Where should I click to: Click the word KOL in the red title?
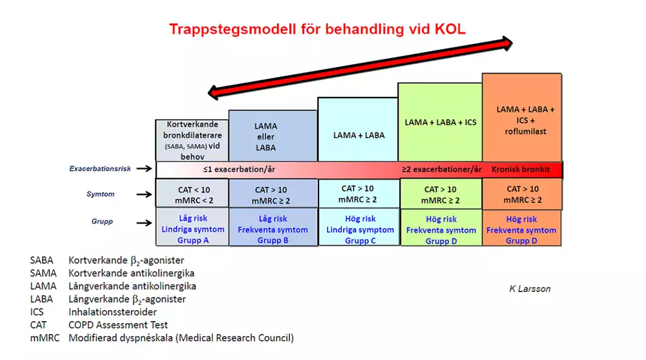[x=450, y=29]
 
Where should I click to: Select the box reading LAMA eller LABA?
[x=273, y=136]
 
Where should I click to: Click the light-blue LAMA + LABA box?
[x=358, y=129]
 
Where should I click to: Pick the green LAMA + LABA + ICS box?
[x=440, y=122]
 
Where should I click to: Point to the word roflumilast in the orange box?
[x=525, y=132]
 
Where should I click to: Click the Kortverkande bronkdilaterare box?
[x=192, y=140]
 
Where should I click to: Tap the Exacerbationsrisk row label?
[x=99, y=169]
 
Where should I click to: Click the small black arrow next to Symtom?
[x=144, y=195]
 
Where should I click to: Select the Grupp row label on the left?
[x=102, y=222]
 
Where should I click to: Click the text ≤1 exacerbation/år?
[x=239, y=169]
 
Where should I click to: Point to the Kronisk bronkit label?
[x=520, y=169]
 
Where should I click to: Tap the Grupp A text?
[x=193, y=240]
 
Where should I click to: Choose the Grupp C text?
[x=360, y=241]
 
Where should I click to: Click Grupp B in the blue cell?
[x=273, y=240]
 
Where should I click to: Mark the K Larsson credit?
[x=530, y=289]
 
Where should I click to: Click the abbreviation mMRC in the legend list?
[x=45, y=338]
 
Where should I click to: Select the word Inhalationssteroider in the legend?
[x=112, y=312]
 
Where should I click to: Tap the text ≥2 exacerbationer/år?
[x=442, y=169]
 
